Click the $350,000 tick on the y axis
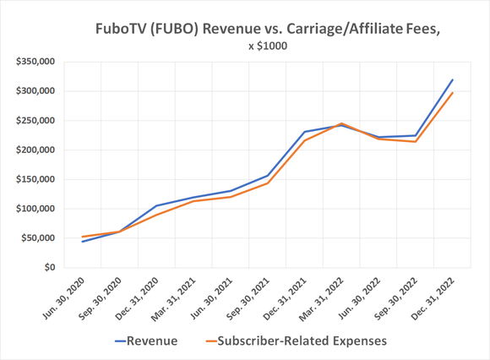click(x=31, y=62)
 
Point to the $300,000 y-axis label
click(x=31, y=91)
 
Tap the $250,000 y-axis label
click(x=31, y=121)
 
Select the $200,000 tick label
click(x=31, y=150)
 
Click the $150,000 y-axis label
click(x=31, y=179)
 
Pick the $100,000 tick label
click(x=31, y=209)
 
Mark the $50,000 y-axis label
click(x=34, y=238)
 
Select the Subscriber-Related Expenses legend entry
click(x=296, y=341)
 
